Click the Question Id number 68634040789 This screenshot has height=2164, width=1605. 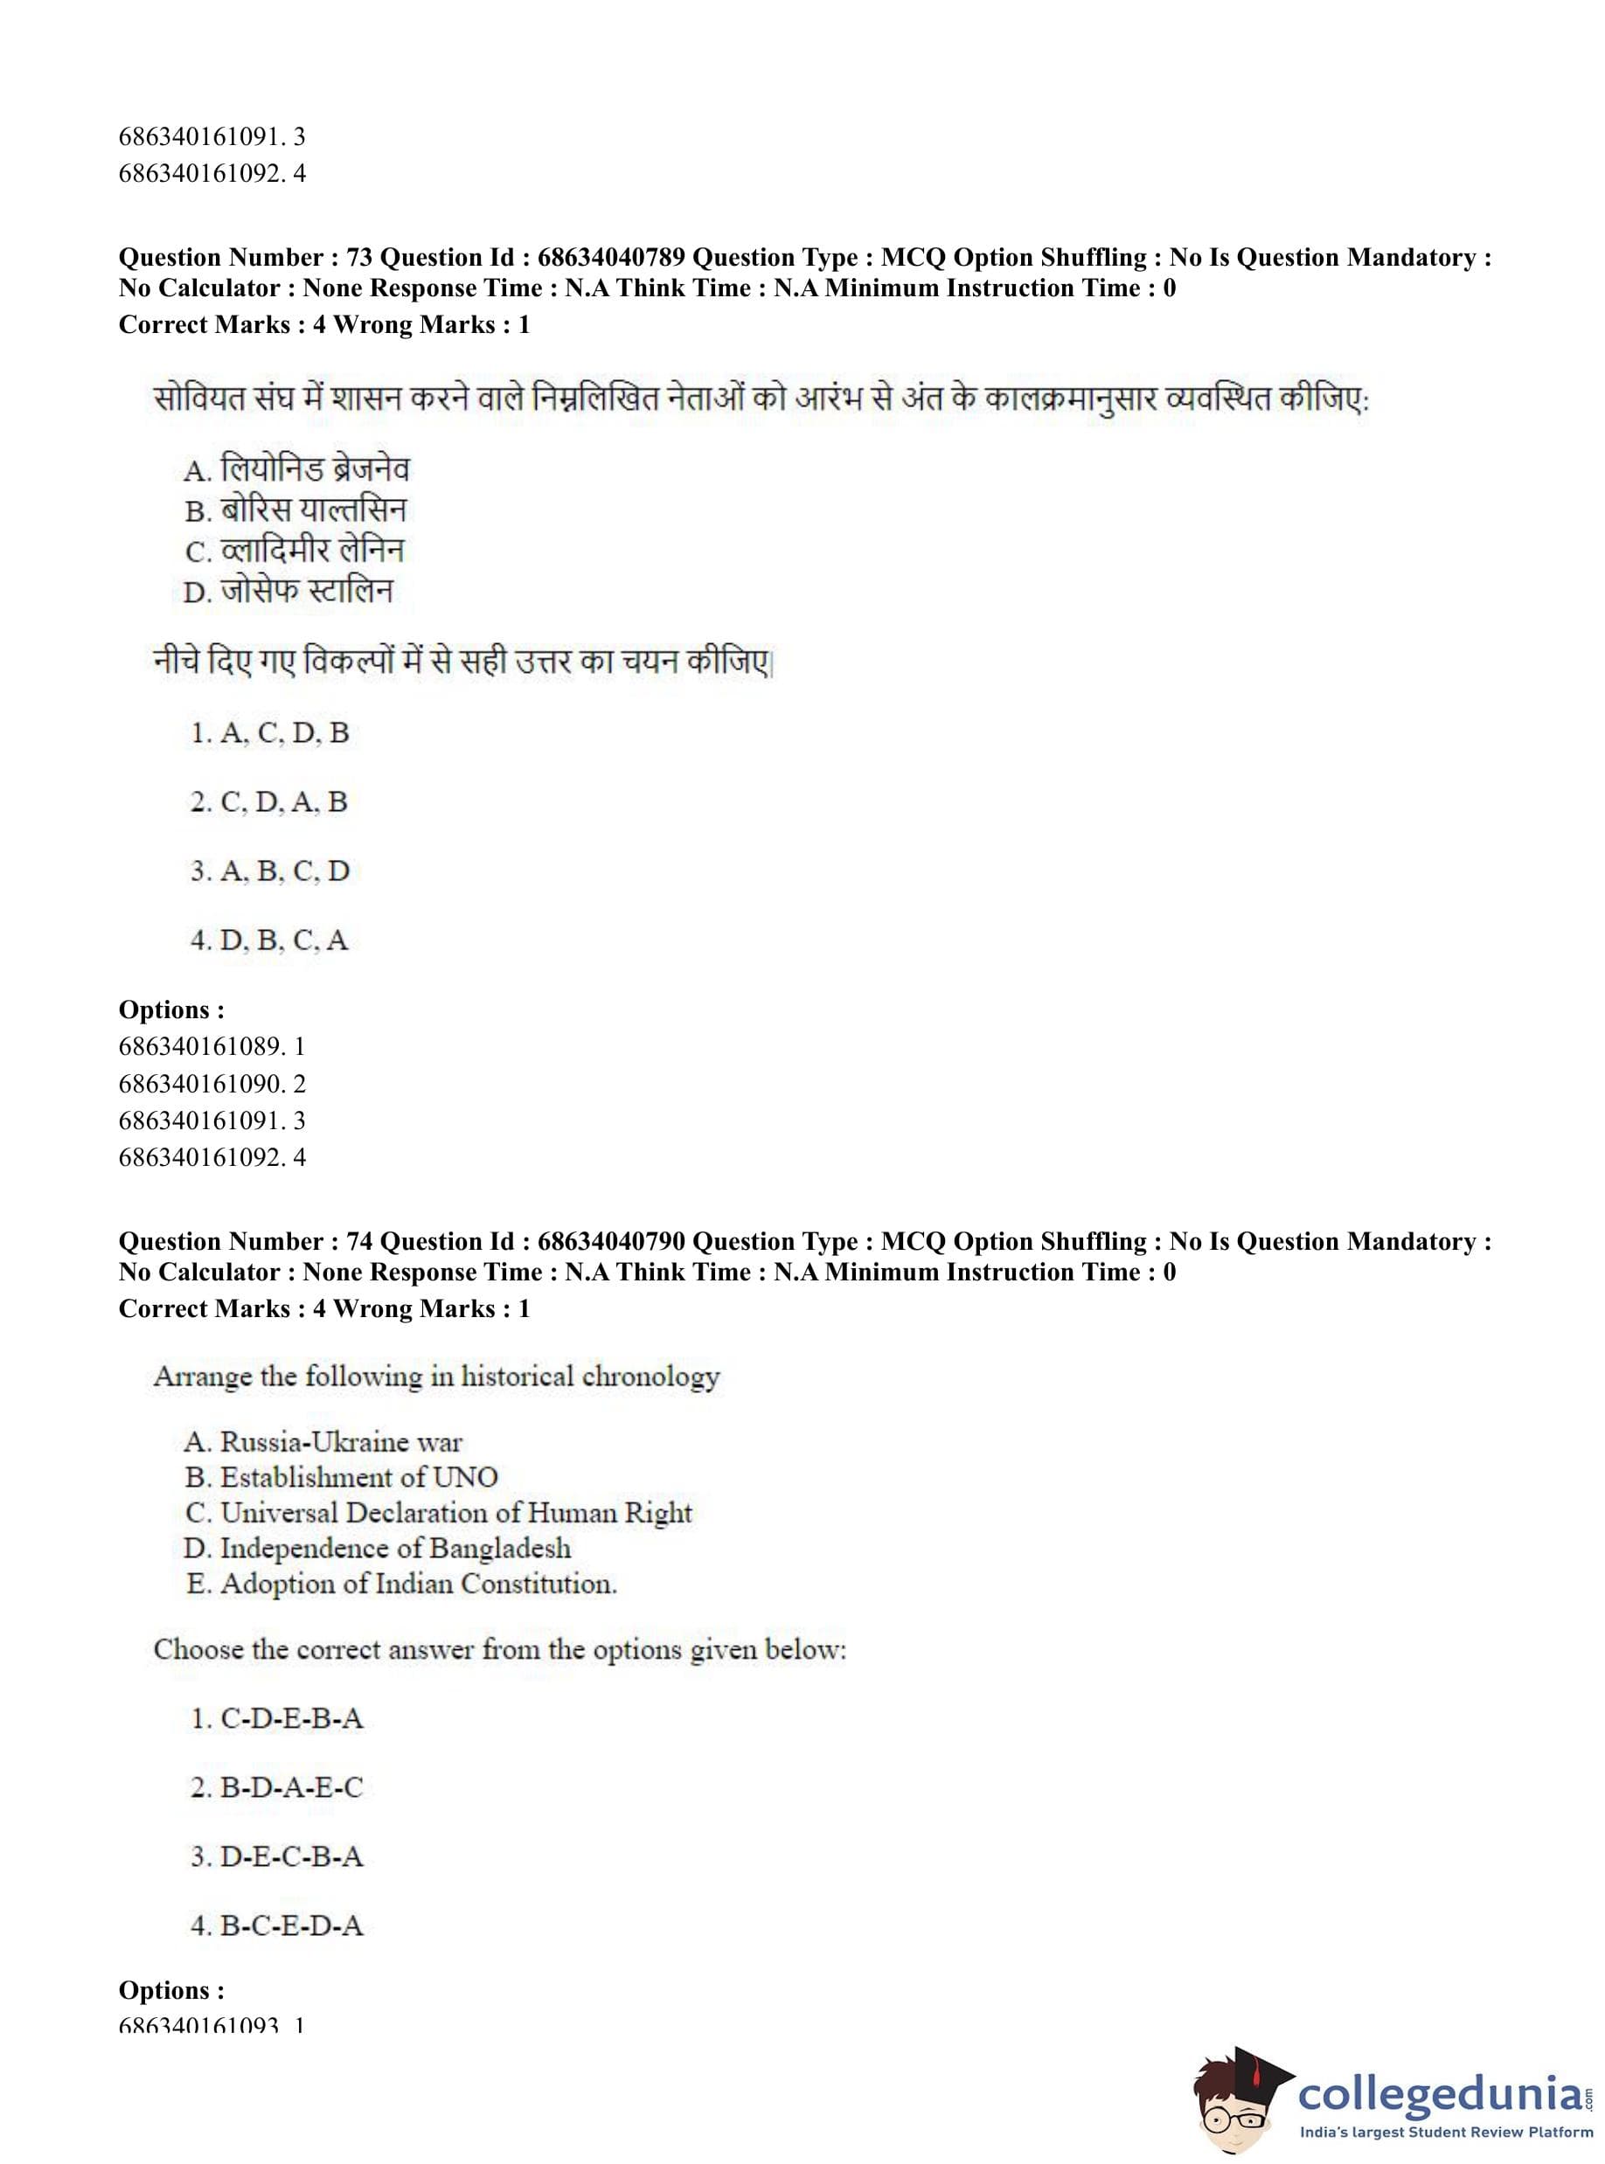[610, 257]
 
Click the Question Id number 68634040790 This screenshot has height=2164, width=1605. [610, 1241]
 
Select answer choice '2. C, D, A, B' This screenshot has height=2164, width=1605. [269, 802]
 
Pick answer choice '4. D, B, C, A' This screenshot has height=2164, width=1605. [269, 940]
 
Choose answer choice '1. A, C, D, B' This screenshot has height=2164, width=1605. [269, 733]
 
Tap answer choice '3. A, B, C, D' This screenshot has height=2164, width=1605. [269, 871]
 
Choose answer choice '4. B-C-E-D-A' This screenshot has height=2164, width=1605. [277, 1926]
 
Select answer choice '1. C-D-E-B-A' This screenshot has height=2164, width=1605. [277, 1719]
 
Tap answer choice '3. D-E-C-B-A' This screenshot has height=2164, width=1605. [277, 1857]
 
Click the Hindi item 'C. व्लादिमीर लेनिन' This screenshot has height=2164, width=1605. [295, 551]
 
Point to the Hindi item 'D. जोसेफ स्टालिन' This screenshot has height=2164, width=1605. [288, 592]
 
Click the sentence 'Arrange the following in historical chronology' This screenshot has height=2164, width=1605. [436, 1377]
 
